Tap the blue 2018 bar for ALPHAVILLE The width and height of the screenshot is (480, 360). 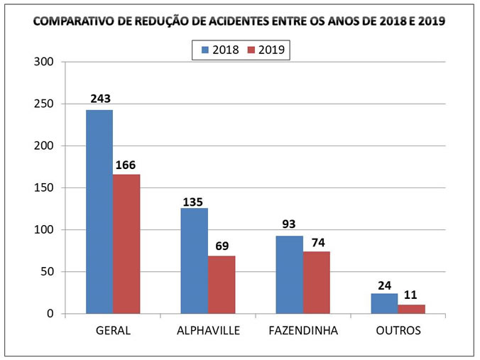pyautogui.click(x=195, y=261)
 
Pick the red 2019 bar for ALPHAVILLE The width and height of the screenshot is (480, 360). pyautogui.click(x=222, y=285)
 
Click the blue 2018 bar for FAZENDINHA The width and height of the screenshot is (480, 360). pyautogui.click(x=290, y=275)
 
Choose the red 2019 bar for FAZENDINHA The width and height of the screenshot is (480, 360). pyautogui.click(x=317, y=282)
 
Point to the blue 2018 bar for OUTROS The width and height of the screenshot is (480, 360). pyautogui.click(x=384, y=304)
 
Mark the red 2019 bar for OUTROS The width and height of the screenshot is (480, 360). pyautogui.click(x=411, y=310)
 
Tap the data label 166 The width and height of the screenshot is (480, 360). pyautogui.click(x=126, y=165)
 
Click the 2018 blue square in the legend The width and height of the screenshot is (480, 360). pyautogui.click(x=204, y=50)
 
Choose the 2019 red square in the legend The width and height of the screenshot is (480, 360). pyautogui.click(x=251, y=50)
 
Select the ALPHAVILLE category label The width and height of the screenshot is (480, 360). pyautogui.click(x=208, y=331)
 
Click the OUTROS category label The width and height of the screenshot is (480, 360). pyautogui.click(x=398, y=331)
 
